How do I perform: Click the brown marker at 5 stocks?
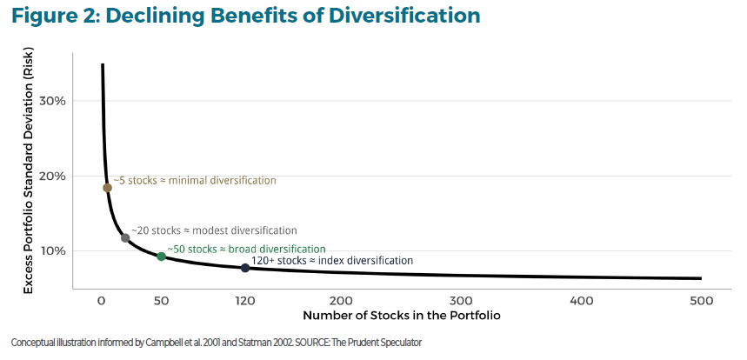coord(107,188)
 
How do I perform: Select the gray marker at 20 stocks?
coord(125,237)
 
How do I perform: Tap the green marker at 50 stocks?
coord(161,256)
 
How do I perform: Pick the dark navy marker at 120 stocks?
coord(245,268)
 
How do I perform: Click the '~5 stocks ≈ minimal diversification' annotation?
coord(194,180)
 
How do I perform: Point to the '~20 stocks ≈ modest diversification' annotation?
coord(213,230)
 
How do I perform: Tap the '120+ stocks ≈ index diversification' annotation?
coord(332,260)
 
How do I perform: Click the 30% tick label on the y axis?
coord(54,101)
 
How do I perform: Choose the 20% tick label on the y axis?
coord(54,176)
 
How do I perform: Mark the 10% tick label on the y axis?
coord(54,251)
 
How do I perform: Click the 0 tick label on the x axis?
coord(101,300)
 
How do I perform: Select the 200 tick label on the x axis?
coord(341,300)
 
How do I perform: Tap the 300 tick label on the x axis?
coord(461,300)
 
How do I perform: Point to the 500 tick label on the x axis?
coord(700,300)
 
